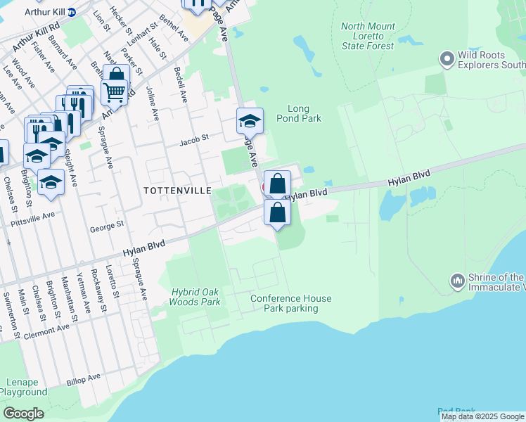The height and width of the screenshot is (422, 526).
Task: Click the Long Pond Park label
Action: pos(304,113)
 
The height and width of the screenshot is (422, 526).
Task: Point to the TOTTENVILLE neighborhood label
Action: pos(177,191)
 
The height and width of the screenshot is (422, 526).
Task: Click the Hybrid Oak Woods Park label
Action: pos(195,297)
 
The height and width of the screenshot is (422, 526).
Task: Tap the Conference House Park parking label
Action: pos(291,303)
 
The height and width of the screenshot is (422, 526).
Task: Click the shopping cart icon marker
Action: pos(114,90)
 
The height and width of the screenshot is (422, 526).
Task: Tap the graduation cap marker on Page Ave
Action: pos(249,122)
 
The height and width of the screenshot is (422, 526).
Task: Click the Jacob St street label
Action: pos(194,139)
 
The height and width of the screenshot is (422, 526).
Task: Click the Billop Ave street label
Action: pos(84,380)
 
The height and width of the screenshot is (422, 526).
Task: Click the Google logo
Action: pos(23,414)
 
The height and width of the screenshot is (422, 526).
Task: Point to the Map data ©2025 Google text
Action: pos(482,416)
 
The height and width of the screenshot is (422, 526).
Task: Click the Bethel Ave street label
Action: pos(175,27)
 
